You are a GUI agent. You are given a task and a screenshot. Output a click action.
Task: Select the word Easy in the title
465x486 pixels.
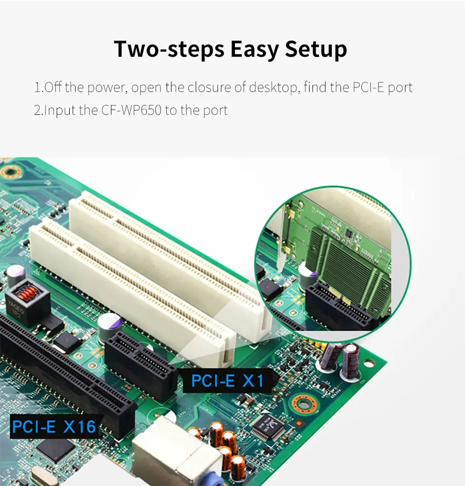(255, 49)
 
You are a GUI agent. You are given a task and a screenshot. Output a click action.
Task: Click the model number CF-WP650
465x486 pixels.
(131, 110)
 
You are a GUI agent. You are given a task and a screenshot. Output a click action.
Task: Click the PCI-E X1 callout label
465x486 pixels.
(228, 381)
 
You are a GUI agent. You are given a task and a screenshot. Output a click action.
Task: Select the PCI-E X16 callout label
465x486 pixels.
(54, 426)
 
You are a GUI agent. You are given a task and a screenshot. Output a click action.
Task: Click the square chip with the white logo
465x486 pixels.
(268, 426)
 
